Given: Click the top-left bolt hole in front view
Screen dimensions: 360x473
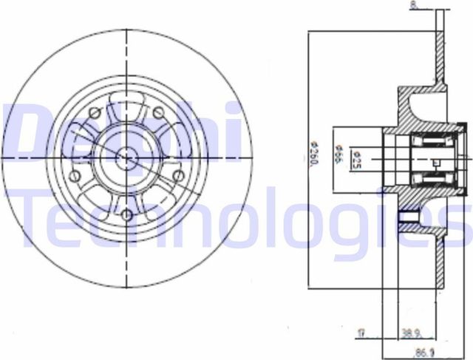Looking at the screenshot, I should coord(94,113).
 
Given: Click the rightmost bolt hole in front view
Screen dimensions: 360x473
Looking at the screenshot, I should coord(177,176).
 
